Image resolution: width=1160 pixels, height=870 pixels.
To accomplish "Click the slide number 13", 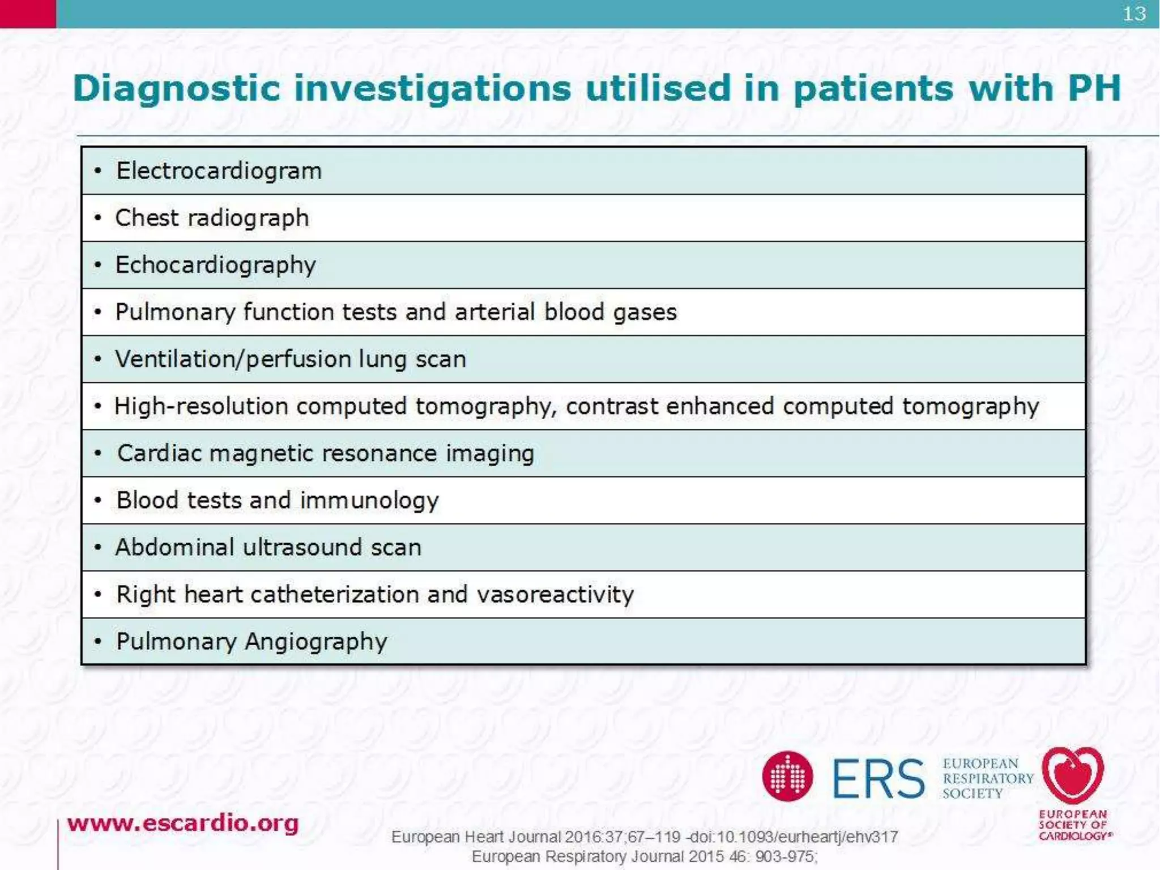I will pos(1134,14).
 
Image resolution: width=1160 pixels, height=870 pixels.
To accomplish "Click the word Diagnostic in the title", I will pos(177,89).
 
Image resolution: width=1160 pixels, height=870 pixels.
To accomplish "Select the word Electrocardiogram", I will pos(219,171).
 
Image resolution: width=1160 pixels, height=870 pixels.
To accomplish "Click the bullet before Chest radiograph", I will pos(98,218).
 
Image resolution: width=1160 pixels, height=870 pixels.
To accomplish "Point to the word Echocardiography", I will pos(215,266).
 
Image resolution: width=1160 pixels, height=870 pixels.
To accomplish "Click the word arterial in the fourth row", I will pos(494,312).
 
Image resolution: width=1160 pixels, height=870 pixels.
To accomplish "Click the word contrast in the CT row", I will pos(611,407).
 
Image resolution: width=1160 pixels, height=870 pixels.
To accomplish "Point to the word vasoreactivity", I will pos(555,595).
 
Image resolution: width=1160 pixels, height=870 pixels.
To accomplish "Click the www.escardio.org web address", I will pos(182,823).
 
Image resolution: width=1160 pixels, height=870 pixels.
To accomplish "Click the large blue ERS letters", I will pos(878,779).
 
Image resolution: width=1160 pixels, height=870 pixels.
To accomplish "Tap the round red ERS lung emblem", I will pos(787,777).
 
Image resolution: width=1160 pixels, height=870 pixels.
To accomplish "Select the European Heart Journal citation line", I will pos(644,837).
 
